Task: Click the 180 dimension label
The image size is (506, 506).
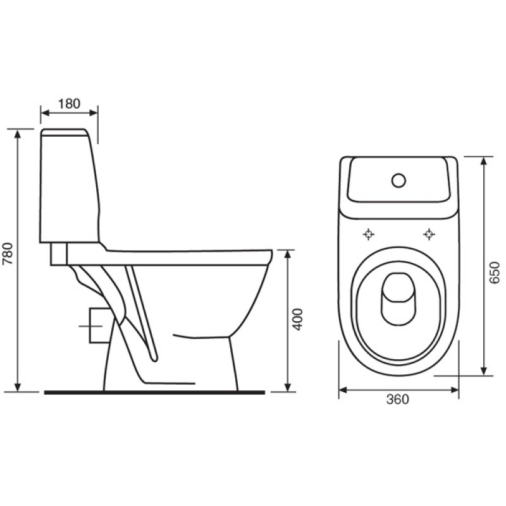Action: click(69, 104)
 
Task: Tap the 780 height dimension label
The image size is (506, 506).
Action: click(8, 253)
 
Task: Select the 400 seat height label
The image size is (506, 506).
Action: click(298, 319)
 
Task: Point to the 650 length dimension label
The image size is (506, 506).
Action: click(494, 273)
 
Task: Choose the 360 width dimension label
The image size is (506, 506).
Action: click(398, 399)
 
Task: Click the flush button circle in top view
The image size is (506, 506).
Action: click(399, 180)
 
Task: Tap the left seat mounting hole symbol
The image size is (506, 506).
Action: click(369, 234)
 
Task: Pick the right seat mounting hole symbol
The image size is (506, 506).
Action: click(429, 234)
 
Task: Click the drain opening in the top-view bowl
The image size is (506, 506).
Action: click(398, 296)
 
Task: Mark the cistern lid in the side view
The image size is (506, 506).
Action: click(65, 132)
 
